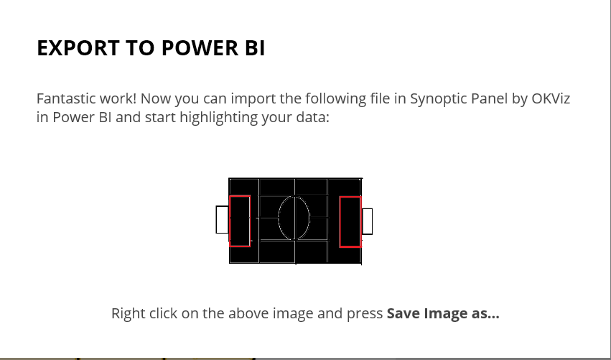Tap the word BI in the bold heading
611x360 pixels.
[256, 48]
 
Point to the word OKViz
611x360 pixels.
[551, 98]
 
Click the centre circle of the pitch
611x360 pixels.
[279, 218]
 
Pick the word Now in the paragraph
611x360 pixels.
[155, 98]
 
